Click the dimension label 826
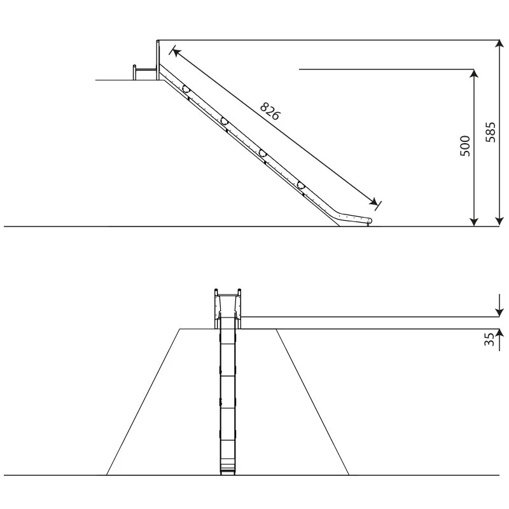[x=270, y=111]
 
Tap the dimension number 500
[x=465, y=146]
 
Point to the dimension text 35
[x=489, y=339]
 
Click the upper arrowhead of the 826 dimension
[x=176, y=52]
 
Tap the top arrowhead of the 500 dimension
[x=474, y=73]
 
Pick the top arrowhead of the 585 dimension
[x=499, y=45]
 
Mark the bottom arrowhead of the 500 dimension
[x=474, y=221]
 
